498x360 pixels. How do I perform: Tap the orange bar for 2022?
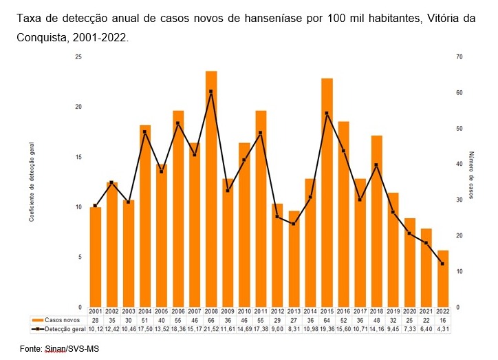[443, 279]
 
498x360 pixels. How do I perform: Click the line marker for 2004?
[145, 131]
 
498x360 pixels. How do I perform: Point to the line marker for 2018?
[376, 165]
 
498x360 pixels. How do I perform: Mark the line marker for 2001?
[95, 206]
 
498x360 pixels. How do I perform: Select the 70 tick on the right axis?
[459, 57]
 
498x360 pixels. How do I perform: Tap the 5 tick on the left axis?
[79, 257]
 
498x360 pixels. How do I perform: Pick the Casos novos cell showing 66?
[211, 321]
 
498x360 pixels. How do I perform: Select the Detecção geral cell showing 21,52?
[211, 329]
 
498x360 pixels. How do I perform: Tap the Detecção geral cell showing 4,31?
[443, 329]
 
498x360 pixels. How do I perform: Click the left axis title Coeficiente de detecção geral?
[32, 182]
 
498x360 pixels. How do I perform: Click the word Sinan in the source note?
[55, 350]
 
